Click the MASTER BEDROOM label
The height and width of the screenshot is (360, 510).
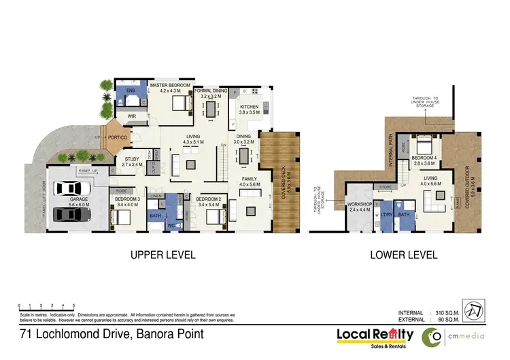pos(160,85)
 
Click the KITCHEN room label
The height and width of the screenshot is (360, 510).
pos(249,107)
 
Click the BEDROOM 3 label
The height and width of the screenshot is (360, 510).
pos(127,199)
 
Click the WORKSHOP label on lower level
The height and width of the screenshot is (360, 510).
pos(358,205)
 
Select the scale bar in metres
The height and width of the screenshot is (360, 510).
pos(46,308)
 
